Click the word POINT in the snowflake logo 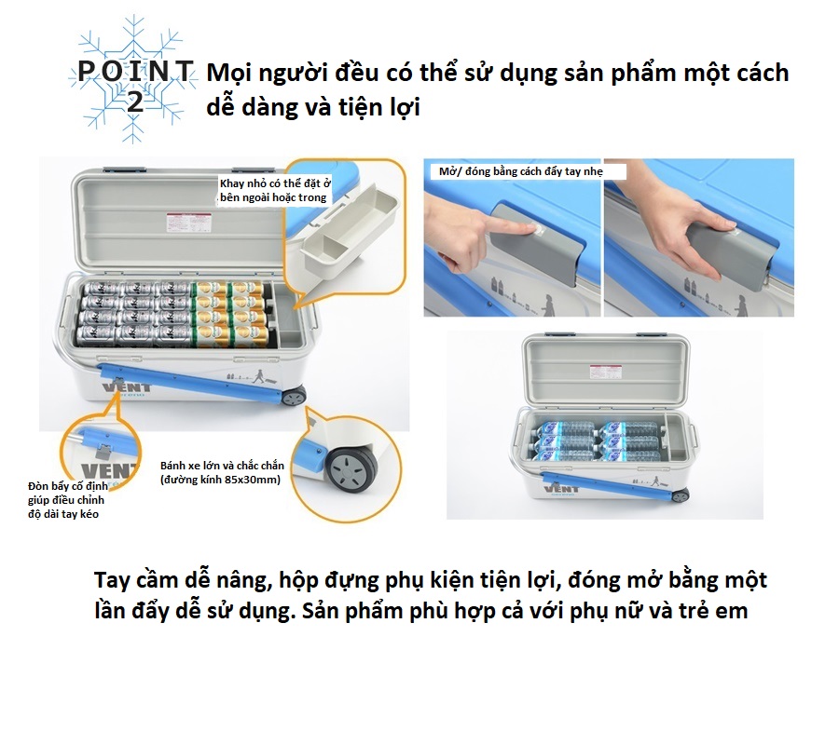click(135, 72)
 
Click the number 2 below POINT click(135, 101)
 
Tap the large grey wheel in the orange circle click(351, 468)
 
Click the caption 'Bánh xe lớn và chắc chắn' click(222, 466)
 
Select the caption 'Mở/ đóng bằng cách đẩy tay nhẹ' click(520, 171)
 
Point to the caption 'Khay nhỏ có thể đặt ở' click(275, 183)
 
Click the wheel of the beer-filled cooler click(294, 397)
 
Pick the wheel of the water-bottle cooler click(681, 496)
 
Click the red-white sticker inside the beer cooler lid click(181, 220)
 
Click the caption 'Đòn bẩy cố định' click(68, 486)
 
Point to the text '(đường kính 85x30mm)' click(220, 480)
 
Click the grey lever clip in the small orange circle click(101, 451)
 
